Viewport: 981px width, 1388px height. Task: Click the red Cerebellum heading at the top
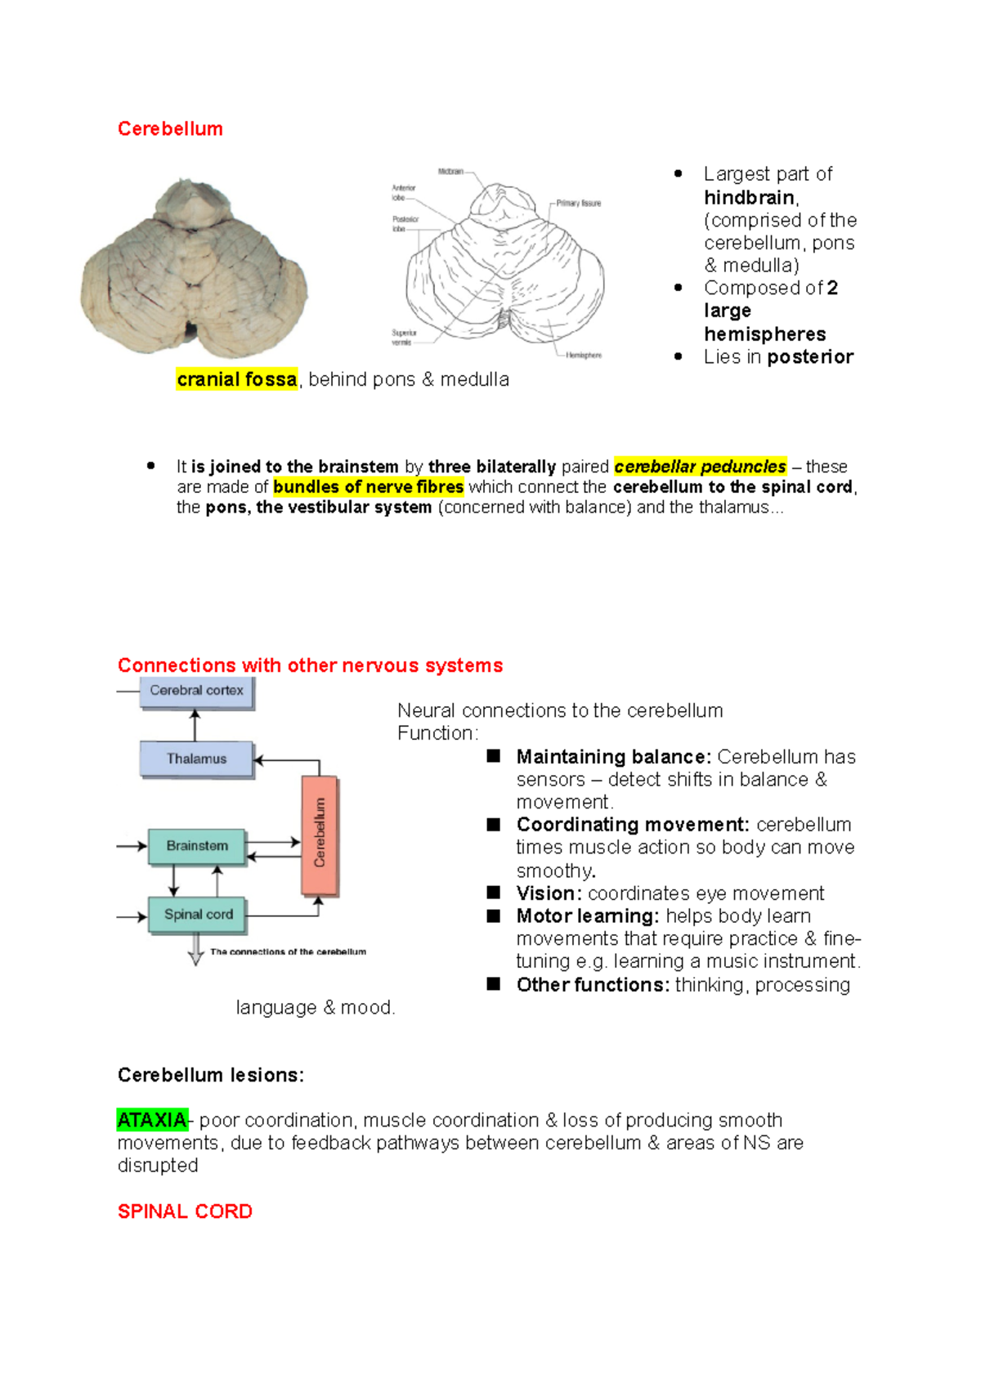coord(170,129)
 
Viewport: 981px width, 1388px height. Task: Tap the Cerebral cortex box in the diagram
coord(196,691)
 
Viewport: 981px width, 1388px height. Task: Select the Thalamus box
coord(196,759)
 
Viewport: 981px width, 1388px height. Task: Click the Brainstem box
coord(196,846)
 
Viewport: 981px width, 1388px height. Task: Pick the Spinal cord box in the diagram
coord(197,915)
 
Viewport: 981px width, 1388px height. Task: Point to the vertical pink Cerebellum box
coord(320,834)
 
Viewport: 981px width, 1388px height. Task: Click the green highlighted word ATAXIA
coord(152,1120)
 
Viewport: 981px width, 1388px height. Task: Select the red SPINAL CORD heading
coord(185,1211)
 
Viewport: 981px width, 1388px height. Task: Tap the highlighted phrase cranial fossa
coord(236,379)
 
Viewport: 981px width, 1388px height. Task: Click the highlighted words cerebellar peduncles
coord(700,467)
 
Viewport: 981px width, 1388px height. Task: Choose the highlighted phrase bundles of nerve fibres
coord(368,487)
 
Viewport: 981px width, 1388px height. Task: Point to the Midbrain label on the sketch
coord(450,172)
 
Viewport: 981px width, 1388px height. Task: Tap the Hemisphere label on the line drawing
coord(584,356)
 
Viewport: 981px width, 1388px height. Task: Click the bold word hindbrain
coord(749,198)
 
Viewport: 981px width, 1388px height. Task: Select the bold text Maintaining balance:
coord(613,757)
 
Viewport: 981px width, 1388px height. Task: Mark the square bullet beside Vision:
coord(494,893)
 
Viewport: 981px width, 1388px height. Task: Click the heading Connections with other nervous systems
coord(310,665)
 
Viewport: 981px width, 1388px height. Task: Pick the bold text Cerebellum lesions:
coord(210,1075)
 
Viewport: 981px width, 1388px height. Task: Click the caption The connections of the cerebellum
coord(288,951)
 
